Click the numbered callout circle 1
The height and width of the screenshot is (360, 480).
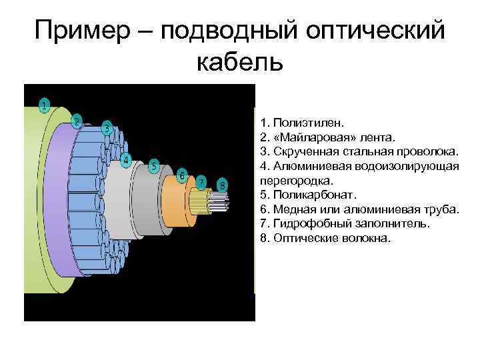click(43, 105)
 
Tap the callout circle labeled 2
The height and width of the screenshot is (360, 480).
click(77, 121)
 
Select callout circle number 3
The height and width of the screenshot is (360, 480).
click(107, 129)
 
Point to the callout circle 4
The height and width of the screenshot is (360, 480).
click(126, 159)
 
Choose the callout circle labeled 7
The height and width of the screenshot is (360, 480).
click(201, 181)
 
